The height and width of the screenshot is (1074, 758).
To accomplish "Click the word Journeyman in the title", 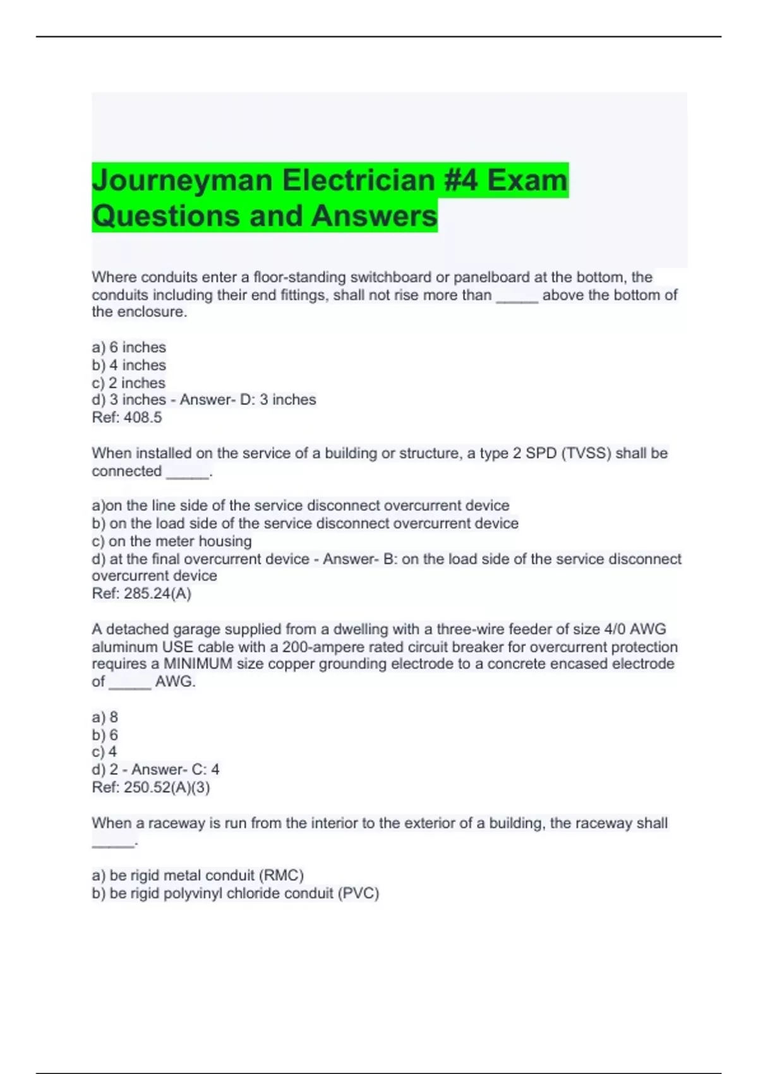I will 182,181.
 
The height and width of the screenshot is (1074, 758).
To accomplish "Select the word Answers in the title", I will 374,216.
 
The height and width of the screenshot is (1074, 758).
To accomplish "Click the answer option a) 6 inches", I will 129,347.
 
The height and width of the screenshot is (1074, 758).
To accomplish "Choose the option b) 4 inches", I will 129,365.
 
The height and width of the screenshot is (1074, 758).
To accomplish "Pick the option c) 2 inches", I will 129,383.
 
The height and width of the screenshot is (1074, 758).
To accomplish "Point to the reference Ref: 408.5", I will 127,418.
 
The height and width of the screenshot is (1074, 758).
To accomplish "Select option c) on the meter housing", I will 172,541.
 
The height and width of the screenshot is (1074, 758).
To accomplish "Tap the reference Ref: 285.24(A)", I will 141,594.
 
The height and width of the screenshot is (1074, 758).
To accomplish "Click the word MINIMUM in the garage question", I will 198,664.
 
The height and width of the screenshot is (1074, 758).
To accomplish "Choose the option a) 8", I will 105,718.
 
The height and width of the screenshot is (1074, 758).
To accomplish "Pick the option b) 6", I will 105,735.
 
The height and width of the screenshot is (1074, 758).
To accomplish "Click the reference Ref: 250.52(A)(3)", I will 151,788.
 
